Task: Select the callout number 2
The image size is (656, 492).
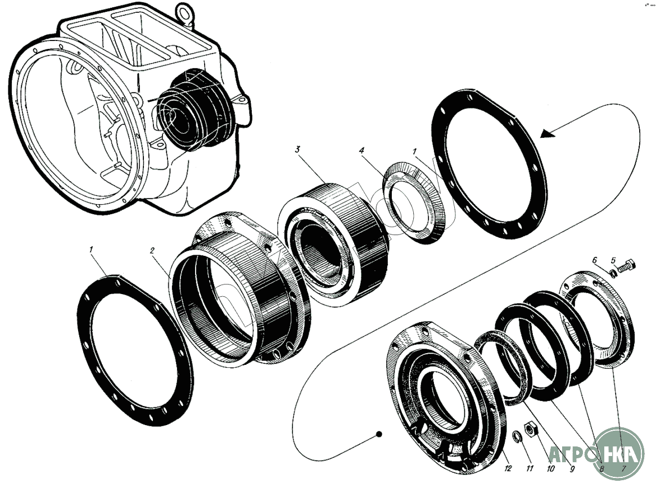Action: pos(152,251)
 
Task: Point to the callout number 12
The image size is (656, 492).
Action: pos(508,468)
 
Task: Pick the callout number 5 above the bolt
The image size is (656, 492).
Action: pos(614,260)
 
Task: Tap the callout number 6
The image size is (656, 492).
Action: pos(595,260)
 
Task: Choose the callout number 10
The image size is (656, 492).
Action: pos(550,468)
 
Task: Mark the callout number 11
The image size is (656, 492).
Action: pos(529,468)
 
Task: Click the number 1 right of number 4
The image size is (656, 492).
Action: pos(414,152)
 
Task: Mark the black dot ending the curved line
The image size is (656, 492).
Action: pos(380,434)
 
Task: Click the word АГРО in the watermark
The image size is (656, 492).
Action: pos(573,454)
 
